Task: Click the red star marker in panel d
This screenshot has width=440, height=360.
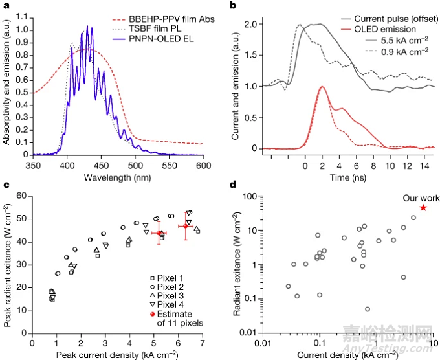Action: tap(423, 208)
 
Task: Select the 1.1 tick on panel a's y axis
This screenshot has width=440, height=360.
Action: tap(19, 18)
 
